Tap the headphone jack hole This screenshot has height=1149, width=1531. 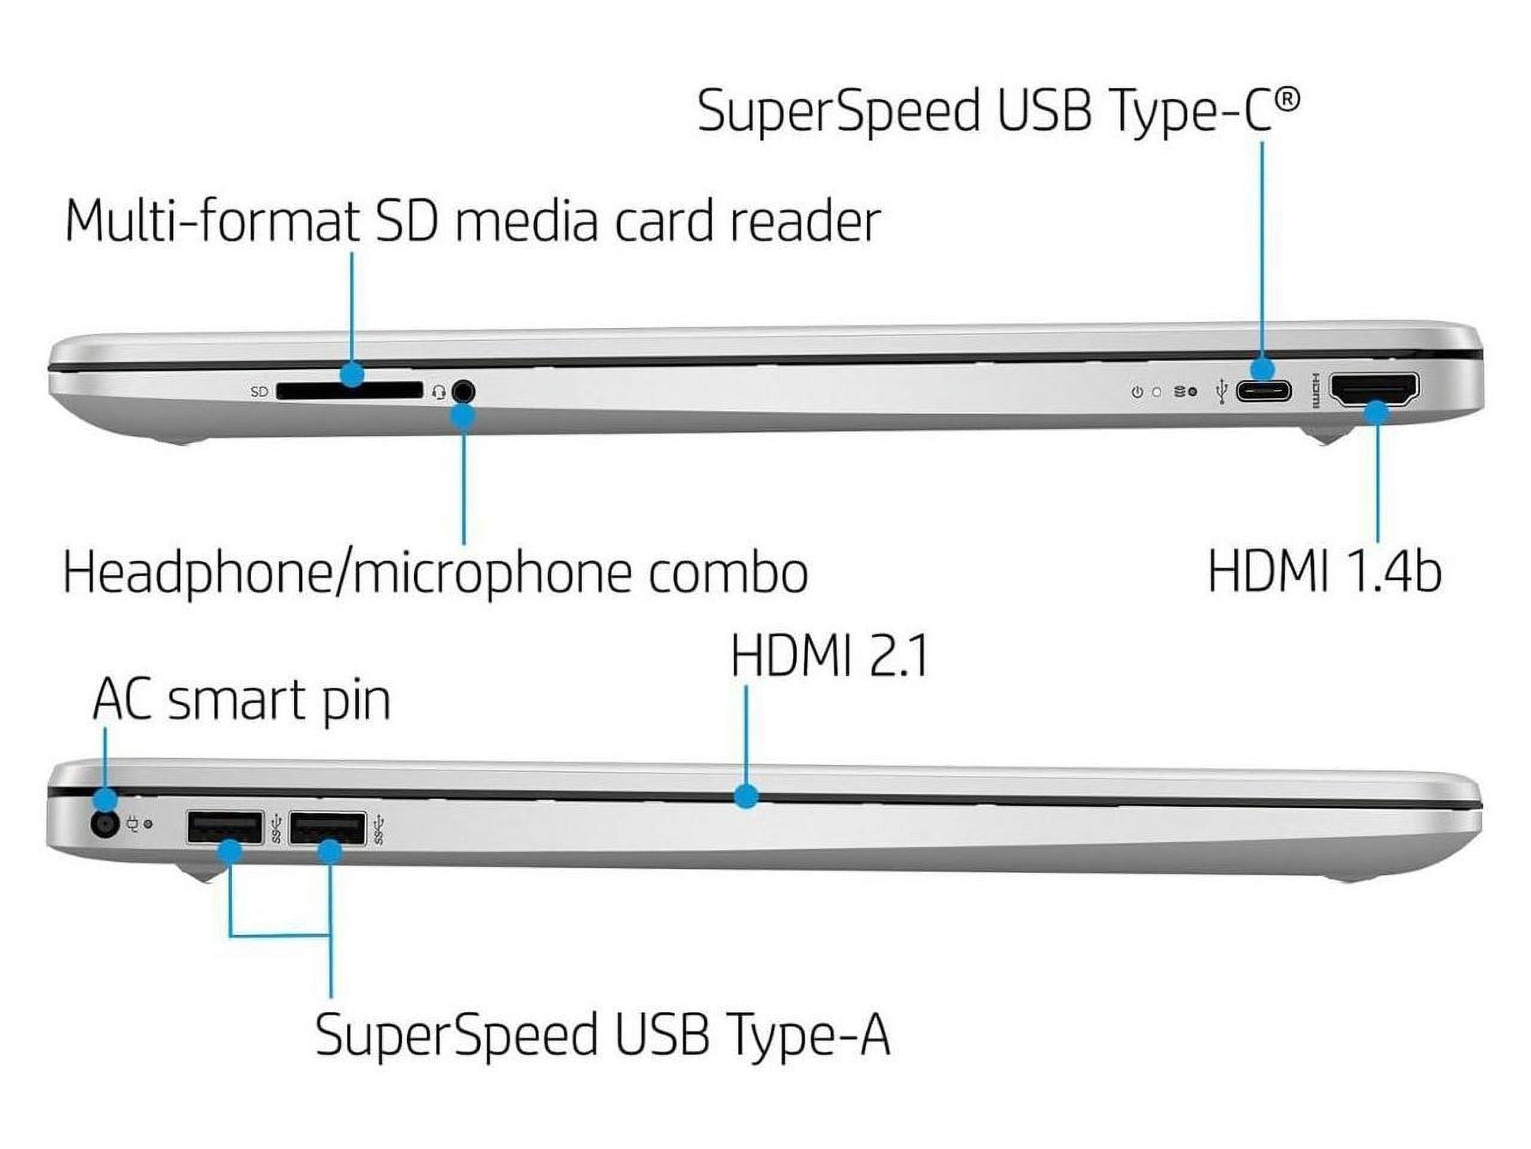point(463,391)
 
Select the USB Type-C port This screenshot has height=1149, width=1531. point(1264,390)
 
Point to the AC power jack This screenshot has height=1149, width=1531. point(105,825)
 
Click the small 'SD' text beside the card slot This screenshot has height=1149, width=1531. point(259,391)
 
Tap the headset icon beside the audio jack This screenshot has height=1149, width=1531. point(438,391)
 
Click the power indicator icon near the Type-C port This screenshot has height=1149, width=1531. point(1137,391)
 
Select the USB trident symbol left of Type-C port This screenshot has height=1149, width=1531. point(1222,391)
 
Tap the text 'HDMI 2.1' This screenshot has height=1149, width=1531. point(829,656)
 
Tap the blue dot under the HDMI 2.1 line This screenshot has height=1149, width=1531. point(746,796)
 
